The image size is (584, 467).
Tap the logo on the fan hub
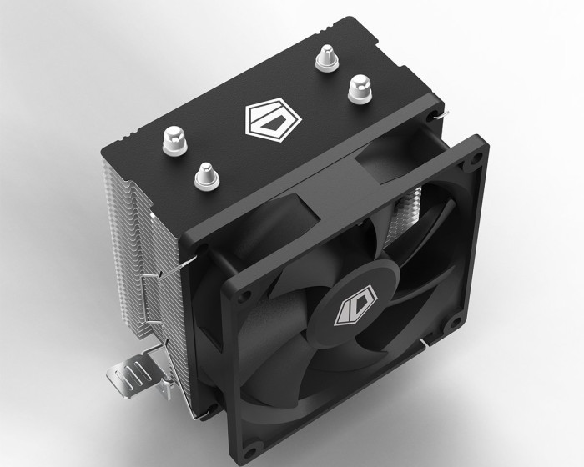[349, 307]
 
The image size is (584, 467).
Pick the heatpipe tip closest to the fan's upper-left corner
[203, 174]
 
